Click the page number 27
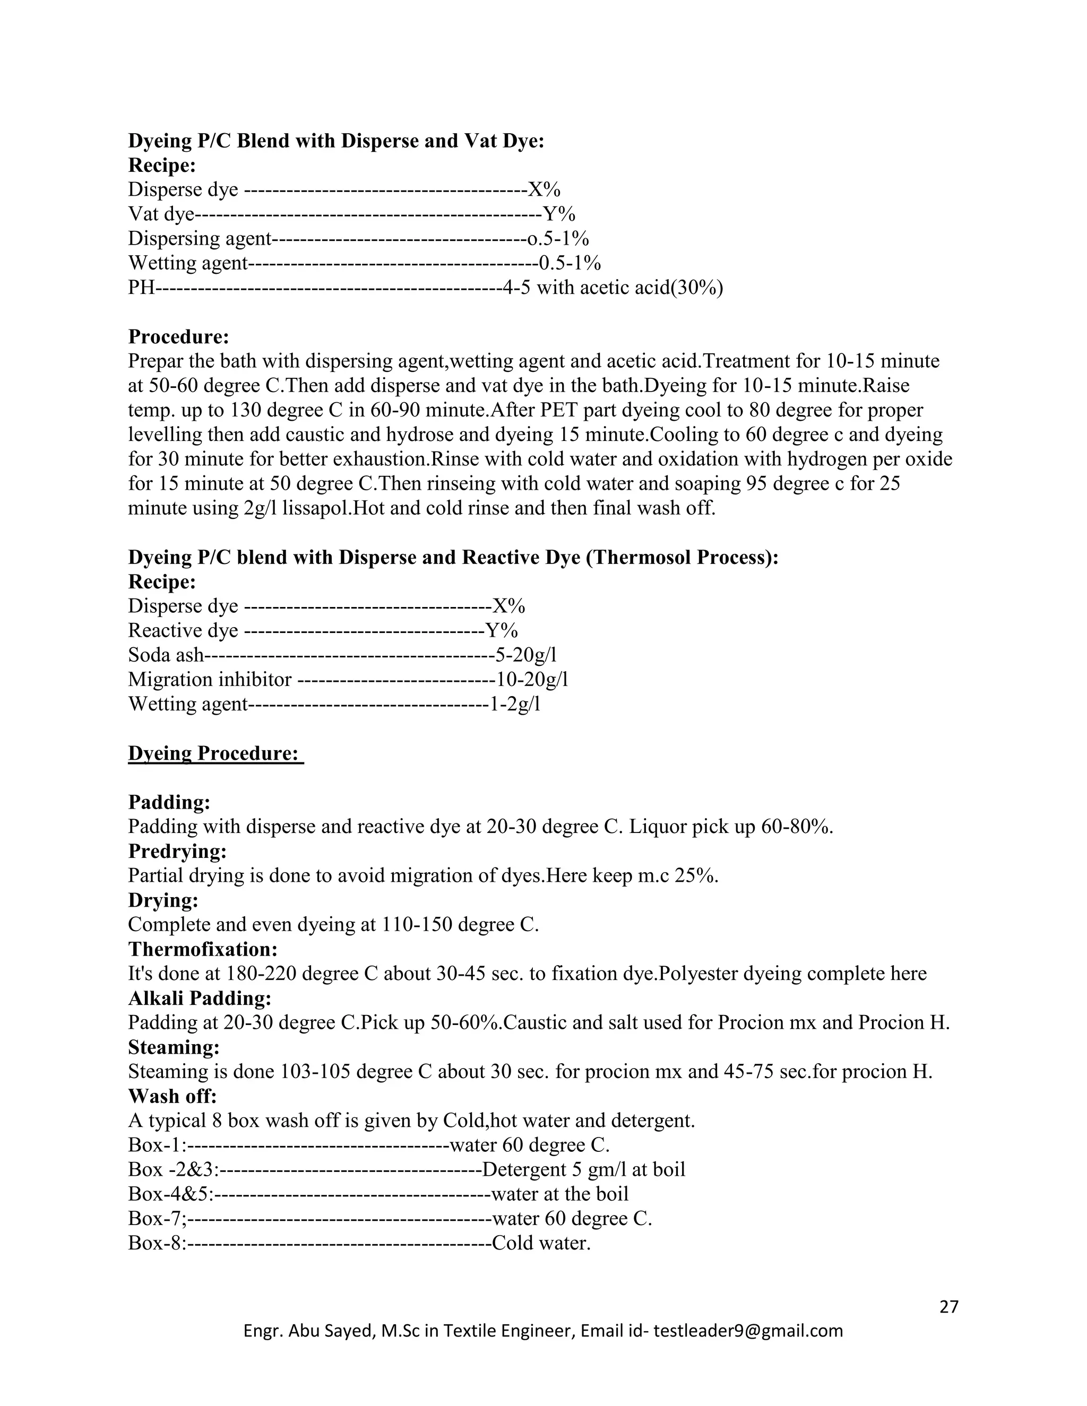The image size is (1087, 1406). pyautogui.click(x=948, y=1306)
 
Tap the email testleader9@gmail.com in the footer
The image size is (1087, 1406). pyautogui.click(x=748, y=1331)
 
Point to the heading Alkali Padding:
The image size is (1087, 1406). pyautogui.click(x=200, y=998)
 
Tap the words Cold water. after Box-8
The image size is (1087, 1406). pyautogui.click(x=541, y=1243)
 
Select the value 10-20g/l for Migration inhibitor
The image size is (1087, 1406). pyautogui.click(x=532, y=679)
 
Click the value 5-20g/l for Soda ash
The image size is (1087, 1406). pyautogui.click(x=525, y=655)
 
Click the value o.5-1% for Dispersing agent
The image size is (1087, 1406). pyautogui.click(x=558, y=238)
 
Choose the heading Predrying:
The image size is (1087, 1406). pyautogui.click(x=178, y=851)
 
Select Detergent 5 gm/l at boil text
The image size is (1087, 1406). pyautogui.click(x=583, y=1169)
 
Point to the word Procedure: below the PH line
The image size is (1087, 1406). pyautogui.click(x=179, y=336)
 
